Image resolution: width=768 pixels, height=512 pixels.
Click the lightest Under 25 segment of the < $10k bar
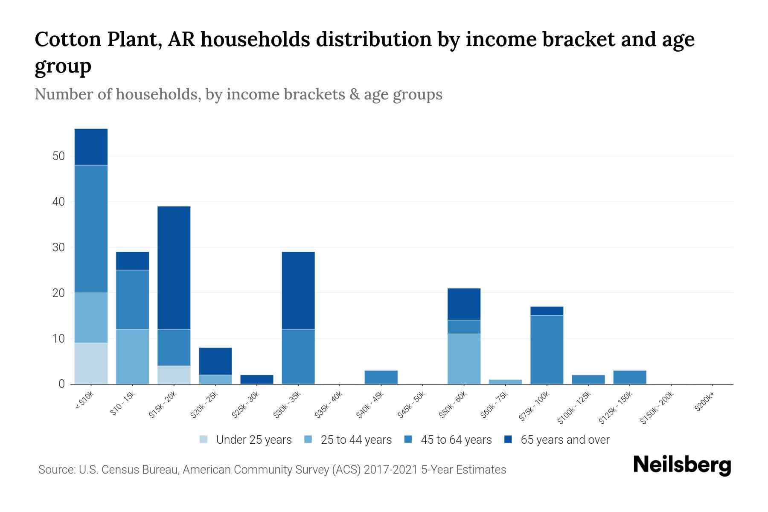(x=91, y=363)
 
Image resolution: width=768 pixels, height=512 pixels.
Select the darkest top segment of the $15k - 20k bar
(x=174, y=268)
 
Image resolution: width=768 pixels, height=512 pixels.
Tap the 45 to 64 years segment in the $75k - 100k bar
(x=547, y=349)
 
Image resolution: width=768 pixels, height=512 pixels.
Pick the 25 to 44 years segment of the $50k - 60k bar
(x=464, y=358)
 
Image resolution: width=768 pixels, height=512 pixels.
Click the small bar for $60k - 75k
(x=505, y=381)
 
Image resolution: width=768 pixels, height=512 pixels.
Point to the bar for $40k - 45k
(x=381, y=377)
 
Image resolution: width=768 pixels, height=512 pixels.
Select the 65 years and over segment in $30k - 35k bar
(x=298, y=290)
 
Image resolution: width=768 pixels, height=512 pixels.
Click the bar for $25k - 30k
(x=256, y=379)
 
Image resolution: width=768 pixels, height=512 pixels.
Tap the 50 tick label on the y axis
(x=58, y=156)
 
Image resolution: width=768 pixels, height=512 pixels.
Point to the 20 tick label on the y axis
(x=58, y=293)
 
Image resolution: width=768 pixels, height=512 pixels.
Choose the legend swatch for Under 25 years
(x=204, y=439)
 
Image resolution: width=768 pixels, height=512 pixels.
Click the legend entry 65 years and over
(x=564, y=439)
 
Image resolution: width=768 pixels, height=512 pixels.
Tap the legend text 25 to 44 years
(x=356, y=439)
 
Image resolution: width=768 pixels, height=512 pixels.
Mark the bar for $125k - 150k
(x=629, y=377)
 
